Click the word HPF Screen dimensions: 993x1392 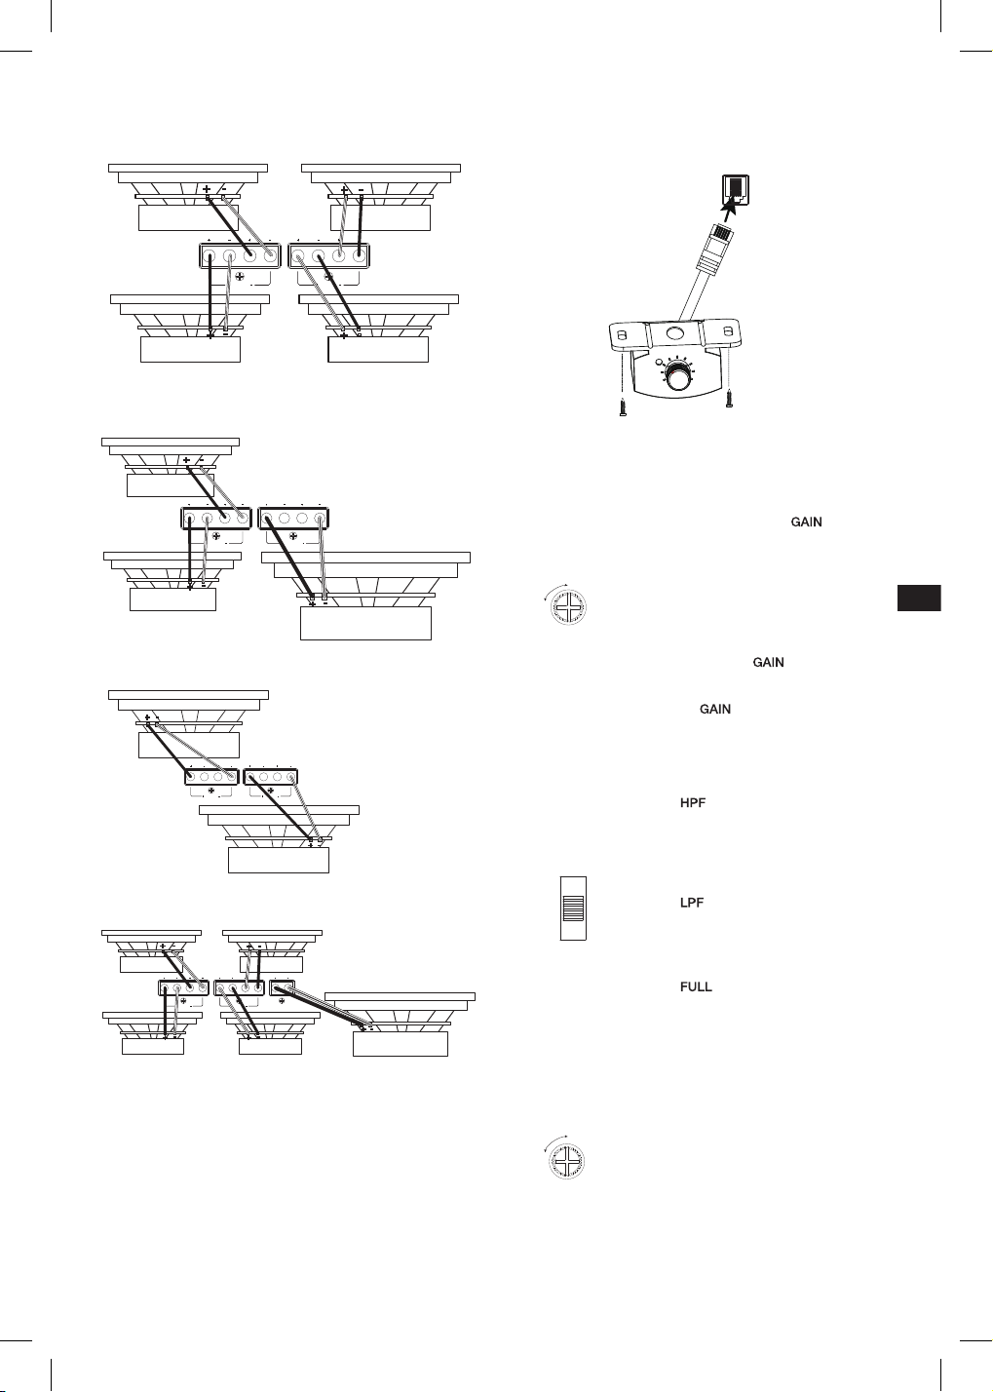click(692, 803)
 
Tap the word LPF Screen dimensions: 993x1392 click(692, 903)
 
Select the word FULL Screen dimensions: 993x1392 click(696, 986)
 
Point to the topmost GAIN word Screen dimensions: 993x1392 click(806, 522)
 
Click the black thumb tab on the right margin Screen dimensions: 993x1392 click(919, 598)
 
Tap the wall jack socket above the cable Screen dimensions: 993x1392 click(735, 190)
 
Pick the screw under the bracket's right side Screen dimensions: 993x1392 click(730, 401)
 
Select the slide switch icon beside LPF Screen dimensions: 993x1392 click(573, 908)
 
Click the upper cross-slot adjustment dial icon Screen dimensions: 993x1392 click(568, 606)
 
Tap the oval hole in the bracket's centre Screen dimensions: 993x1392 click(674, 333)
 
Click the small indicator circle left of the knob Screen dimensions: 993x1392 click(658, 362)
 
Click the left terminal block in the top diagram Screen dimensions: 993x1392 click(240, 255)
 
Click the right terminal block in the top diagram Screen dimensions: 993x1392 click(329, 255)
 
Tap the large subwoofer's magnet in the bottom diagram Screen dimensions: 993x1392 click(401, 1043)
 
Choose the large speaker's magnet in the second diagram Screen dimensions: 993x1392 click(365, 623)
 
